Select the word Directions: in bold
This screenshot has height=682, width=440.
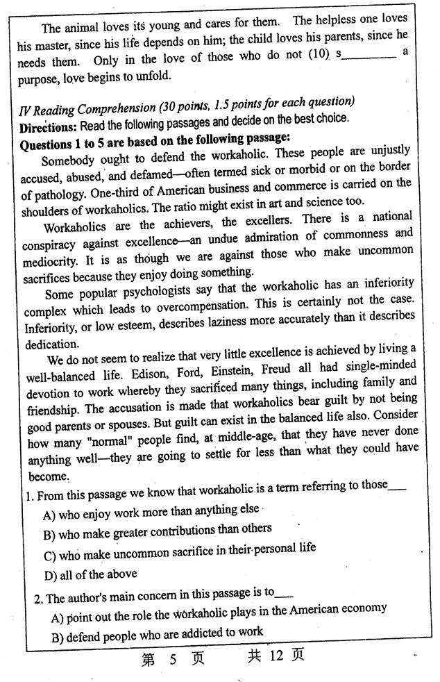48,129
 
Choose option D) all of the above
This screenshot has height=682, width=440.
90,574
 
